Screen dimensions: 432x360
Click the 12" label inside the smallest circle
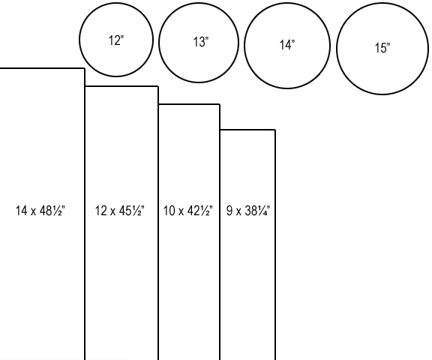click(116, 40)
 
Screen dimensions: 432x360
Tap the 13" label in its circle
click(201, 42)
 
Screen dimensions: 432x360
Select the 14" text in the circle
click(287, 45)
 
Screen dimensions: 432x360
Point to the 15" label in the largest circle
click(382, 48)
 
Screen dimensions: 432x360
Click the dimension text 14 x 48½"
click(40, 211)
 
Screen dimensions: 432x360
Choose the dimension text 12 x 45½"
click(119, 211)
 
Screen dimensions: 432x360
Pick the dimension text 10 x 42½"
click(188, 211)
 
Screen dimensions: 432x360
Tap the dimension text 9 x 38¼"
click(248, 211)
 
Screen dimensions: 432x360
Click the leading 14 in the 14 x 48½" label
click(22, 211)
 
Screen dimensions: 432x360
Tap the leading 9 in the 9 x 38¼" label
click(229, 211)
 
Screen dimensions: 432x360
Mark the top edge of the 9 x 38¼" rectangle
click(247, 130)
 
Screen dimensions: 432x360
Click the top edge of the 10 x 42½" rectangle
click(189, 104)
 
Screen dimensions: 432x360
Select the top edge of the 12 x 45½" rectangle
click(121, 86)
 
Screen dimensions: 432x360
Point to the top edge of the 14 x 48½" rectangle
click(42, 68)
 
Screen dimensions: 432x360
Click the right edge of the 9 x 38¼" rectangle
click(275, 244)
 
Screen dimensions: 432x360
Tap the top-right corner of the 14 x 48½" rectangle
click(84, 68)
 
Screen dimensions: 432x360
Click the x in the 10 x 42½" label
click(181, 211)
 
